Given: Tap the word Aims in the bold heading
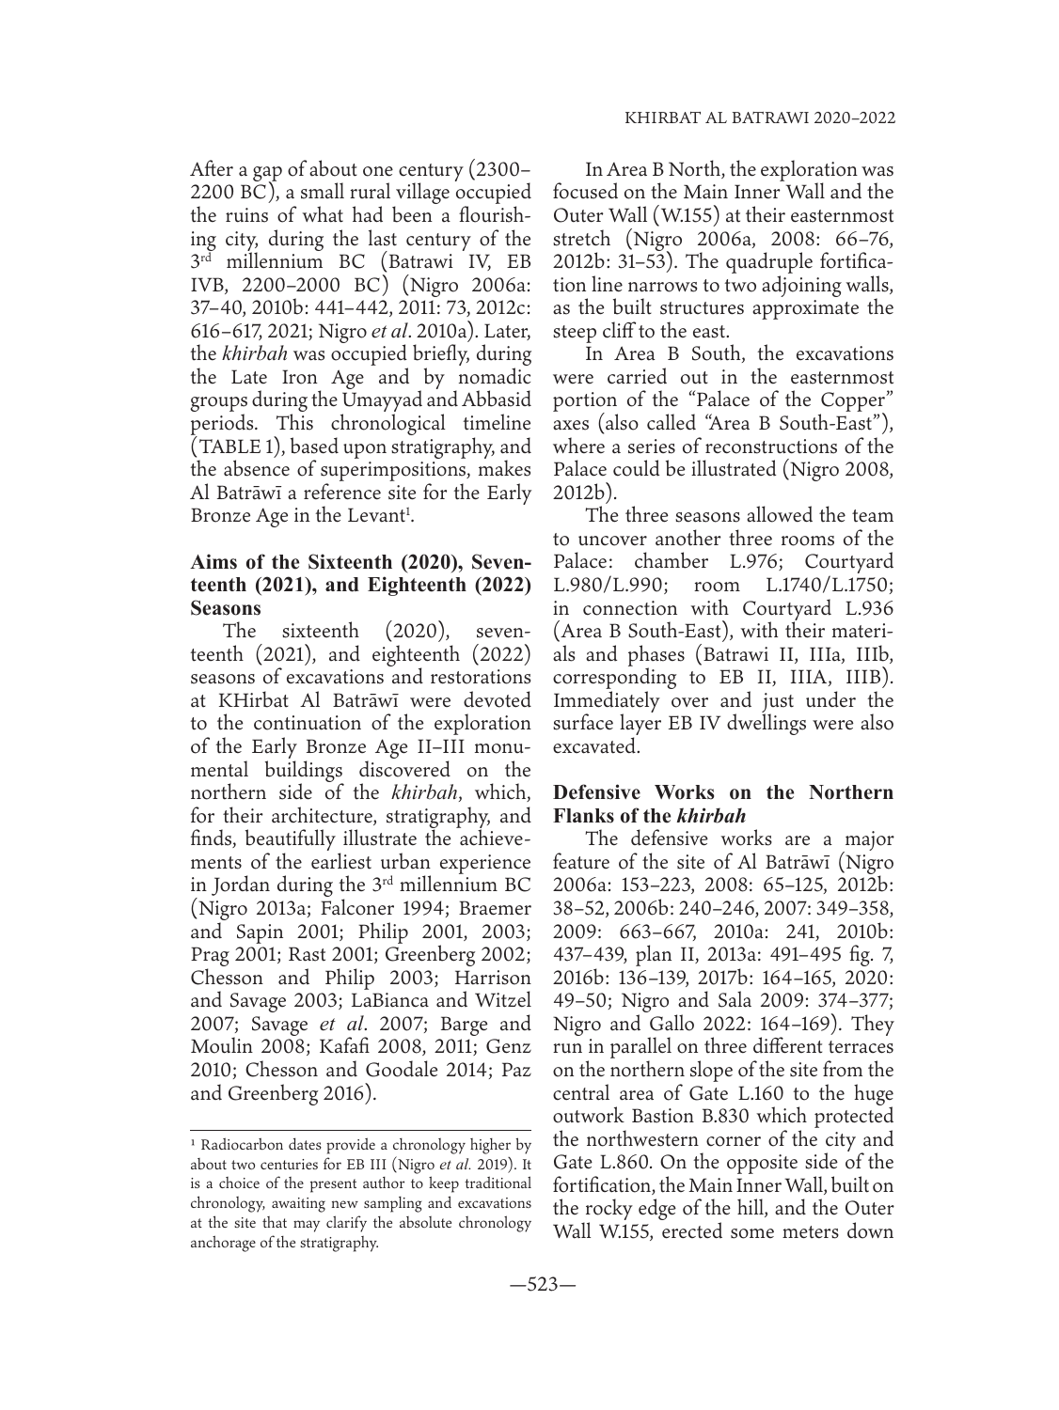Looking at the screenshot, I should (x=213, y=563).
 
